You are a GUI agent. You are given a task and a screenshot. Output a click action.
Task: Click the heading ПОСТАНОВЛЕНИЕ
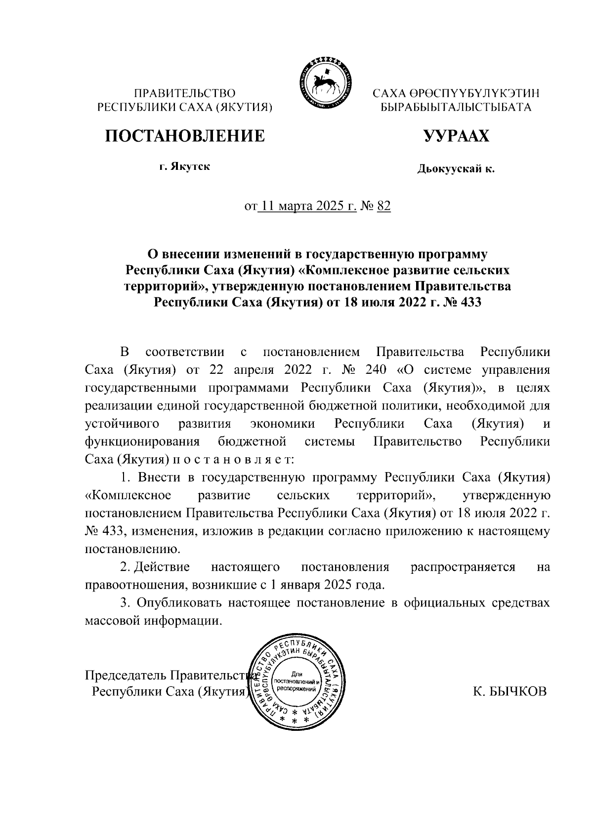pyautogui.click(x=184, y=136)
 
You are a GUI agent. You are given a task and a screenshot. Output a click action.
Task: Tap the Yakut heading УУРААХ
pyautogui.click(x=456, y=136)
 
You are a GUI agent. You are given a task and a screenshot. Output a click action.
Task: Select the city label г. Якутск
pyautogui.click(x=184, y=166)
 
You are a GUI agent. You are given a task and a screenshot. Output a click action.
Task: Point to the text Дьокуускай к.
pyautogui.click(x=456, y=170)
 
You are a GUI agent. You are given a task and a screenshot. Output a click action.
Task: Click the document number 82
pyautogui.click(x=383, y=206)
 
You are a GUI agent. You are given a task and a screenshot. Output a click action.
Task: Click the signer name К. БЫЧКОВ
pyautogui.click(x=509, y=692)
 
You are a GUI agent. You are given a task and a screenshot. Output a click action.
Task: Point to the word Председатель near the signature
pyautogui.click(x=126, y=675)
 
